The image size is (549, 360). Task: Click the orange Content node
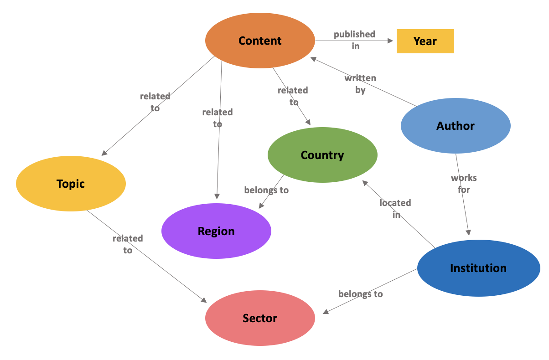tap(260, 41)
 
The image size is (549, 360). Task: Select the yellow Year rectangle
tap(425, 41)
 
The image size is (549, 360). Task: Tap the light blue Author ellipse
tap(456, 126)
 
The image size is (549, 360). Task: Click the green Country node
tap(322, 155)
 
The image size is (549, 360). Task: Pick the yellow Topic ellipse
tap(71, 184)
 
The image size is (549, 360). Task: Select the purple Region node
tap(216, 231)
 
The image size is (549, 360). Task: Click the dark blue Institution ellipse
tap(478, 268)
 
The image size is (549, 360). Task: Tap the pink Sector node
tap(260, 318)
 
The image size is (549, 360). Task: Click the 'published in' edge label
tap(354, 40)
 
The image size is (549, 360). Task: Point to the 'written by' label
tap(360, 84)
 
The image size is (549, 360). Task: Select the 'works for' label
tap(464, 184)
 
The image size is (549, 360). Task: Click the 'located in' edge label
tap(395, 208)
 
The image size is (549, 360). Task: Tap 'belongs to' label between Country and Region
tap(266, 190)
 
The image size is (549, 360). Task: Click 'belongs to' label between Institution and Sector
tap(360, 294)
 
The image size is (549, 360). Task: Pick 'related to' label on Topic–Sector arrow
tap(128, 244)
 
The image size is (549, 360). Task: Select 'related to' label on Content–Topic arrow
tap(155, 102)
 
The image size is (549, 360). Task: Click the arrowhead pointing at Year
tap(390, 41)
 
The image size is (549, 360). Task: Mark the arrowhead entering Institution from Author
tap(468, 232)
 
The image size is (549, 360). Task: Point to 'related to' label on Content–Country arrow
tap(293, 96)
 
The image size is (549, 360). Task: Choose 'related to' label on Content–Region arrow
tap(218, 118)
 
